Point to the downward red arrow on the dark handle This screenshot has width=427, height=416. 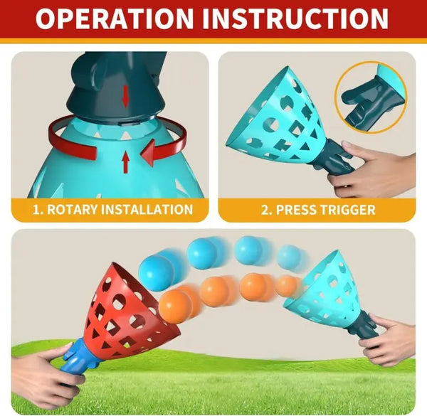(125, 96)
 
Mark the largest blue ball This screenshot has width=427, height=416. (157, 272)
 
